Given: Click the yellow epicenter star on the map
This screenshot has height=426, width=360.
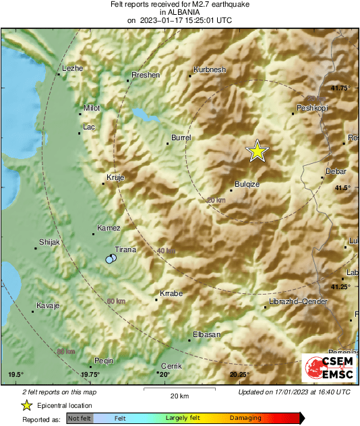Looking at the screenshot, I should (x=257, y=152).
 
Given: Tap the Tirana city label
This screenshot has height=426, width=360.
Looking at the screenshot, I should (x=126, y=249).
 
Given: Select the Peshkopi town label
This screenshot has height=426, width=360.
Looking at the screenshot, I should (x=311, y=108).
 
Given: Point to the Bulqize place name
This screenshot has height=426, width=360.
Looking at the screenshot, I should (x=247, y=184).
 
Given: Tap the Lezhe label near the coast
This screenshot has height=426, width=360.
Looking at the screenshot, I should (x=71, y=69).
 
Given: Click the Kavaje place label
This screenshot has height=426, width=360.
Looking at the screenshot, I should (x=48, y=306).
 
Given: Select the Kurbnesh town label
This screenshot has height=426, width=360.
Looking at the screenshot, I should (x=207, y=70).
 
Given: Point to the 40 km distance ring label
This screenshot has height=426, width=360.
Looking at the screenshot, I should (x=166, y=251).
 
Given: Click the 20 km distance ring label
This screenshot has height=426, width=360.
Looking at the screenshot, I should (x=216, y=200).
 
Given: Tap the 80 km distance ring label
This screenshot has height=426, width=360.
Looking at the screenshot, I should (x=66, y=352).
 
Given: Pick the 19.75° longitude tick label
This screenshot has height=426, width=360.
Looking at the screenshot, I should (x=90, y=375).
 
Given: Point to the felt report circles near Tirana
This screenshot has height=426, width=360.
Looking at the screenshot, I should (x=111, y=259).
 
